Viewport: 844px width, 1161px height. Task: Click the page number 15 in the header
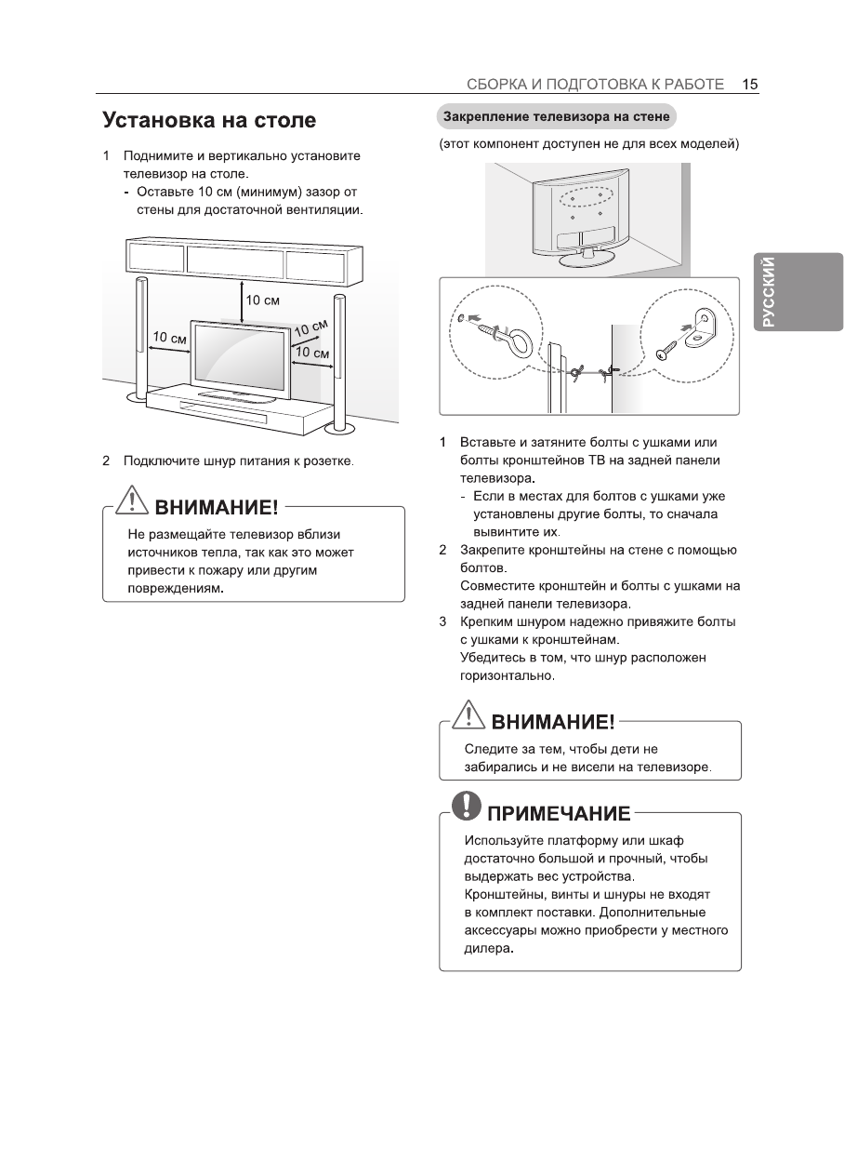750,84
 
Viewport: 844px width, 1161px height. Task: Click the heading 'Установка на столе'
209,121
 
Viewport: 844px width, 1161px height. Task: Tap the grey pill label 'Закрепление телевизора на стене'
555,118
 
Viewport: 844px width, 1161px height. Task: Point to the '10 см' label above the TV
262,300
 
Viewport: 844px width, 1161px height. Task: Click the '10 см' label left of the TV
169,337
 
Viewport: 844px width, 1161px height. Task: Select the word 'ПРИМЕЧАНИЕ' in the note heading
559,814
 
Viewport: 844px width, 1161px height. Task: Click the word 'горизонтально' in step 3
507,676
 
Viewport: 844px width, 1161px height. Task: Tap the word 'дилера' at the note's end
487,949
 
